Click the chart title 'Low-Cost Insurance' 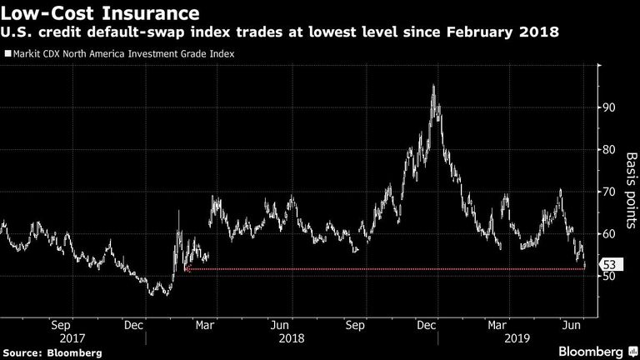pos(100,13)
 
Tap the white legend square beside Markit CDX pos(7,53)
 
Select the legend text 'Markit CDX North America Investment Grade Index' pos(123,54)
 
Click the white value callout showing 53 pos(611,264)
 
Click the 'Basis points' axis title pos(631,191)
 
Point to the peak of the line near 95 pos(433,85)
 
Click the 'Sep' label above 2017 pos(61,325)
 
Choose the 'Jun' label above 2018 pos(280,325)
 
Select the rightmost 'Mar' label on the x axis pos(497,325)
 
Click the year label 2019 pos(517,338)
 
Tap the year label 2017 pos(72,338)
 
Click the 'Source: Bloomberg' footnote pos(52,353)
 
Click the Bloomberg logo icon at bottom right pos(633,352)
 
